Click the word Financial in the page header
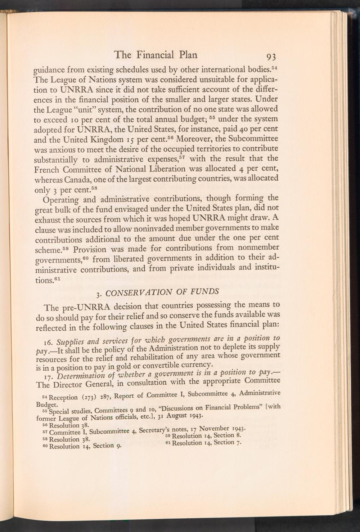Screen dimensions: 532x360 pos(155,55)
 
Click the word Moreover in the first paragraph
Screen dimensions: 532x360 pos(193,139)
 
